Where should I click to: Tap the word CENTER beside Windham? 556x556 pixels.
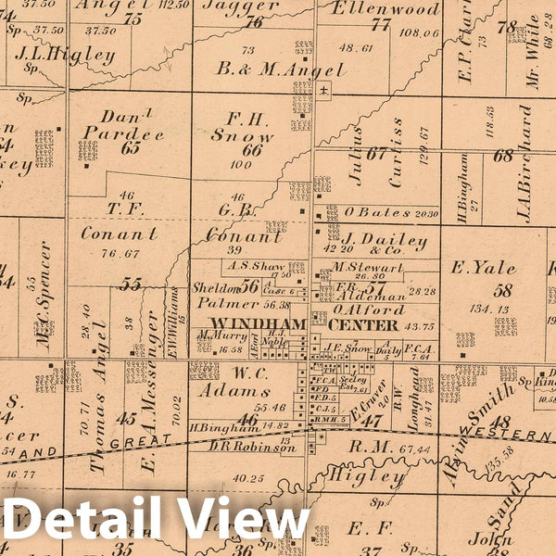(365, 325)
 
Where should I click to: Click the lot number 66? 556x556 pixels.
(252, 150)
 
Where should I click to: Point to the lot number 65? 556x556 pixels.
(130, 147)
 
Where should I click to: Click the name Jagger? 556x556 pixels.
(240, 6)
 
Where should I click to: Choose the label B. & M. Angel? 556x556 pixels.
(256, 68)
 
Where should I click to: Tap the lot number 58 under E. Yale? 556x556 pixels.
(504, 289)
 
